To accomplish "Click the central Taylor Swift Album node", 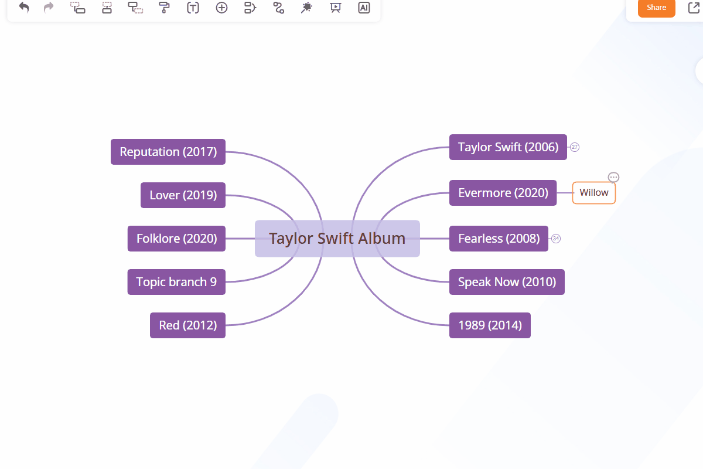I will (337, 239).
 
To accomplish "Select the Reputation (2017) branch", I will (168, 152).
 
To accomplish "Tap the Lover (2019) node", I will (183, 195).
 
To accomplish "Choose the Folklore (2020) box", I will (176, 239).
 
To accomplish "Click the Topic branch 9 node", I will (176, 282).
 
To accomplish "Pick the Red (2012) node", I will (187, 325).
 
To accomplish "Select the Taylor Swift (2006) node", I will (508, 147).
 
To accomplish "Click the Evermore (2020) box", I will (503, 193).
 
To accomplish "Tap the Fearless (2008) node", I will (499, 239).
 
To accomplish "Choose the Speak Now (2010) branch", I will (507, 282).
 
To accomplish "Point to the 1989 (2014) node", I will (490, 325).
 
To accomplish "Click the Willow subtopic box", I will (594, 193).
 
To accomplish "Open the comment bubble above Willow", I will (613, 177).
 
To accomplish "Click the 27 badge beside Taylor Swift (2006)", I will (575, 147).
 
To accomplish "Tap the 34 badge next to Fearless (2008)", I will (556, 239).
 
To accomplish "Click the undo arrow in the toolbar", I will (24, 8).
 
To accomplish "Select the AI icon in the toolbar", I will (364, 8).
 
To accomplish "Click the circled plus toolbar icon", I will (221, 8).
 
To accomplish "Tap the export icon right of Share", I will (694, 8).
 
